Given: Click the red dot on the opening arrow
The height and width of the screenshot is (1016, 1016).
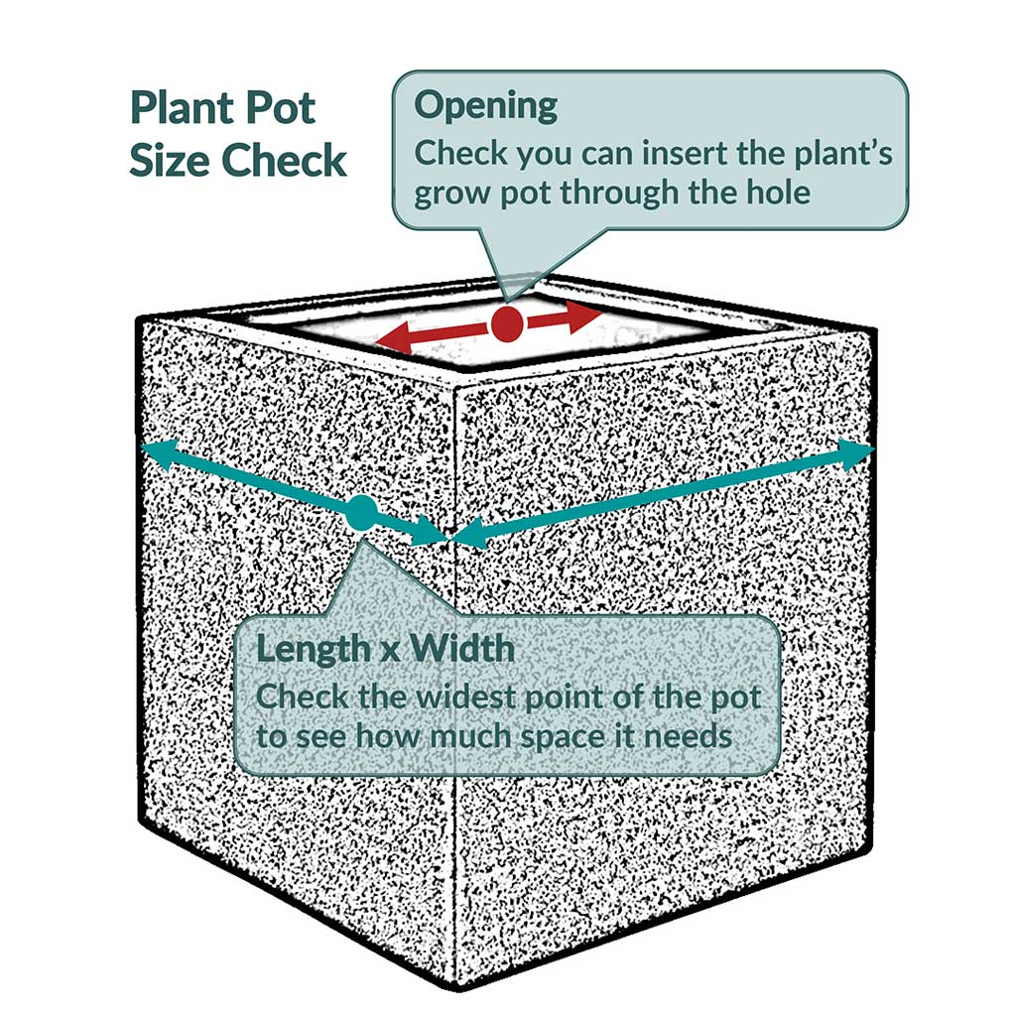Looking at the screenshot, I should tap(507, 322).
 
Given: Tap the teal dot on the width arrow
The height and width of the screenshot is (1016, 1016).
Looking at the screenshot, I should tap(361, 513).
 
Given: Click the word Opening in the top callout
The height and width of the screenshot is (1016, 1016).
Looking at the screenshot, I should tap(485, 105).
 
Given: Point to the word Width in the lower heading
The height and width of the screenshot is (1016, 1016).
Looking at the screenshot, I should tap(463, 649).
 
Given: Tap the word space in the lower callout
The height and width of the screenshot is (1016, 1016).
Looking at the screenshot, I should tap(566, 737).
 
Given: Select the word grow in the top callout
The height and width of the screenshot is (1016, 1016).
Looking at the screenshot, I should tap(449, 191).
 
